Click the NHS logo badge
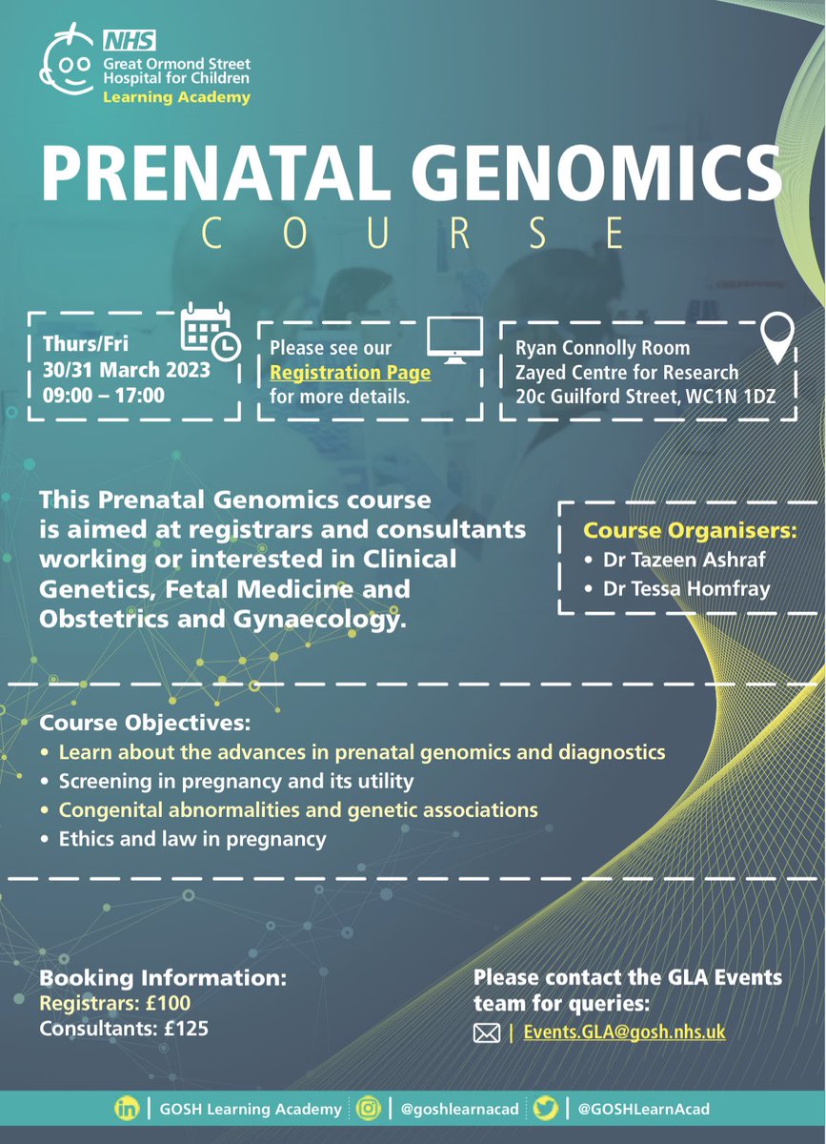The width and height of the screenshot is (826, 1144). point(124,40)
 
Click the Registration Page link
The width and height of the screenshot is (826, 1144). point(351,372)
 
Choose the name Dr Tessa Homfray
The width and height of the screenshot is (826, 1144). point(679,589)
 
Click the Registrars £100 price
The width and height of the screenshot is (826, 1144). point(115,1003)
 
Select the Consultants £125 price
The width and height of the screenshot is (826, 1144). point(124,1029)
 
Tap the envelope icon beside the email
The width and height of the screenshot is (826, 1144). point(487,1032)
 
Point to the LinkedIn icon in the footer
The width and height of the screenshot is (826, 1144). point(126,1109)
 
